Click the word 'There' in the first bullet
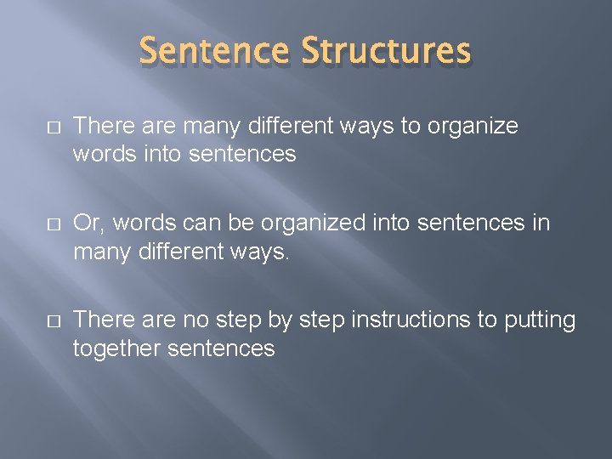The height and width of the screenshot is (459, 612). (x=99, y=126)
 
